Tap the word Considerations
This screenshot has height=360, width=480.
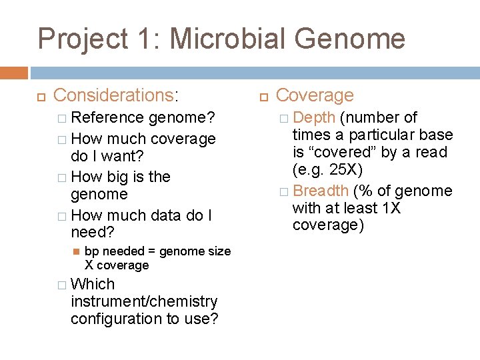[x=113, y=95]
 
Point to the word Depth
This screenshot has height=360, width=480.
[x=314, y=118]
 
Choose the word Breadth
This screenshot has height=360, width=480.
[x=321, y=191]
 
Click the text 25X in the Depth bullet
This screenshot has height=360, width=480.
[x=345, y=169]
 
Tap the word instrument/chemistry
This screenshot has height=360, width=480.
[x=144, y=301]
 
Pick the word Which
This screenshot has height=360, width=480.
[x=93, y=284]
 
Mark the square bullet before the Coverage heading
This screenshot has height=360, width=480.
[x=263, y=96]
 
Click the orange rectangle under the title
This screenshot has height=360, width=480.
[x=14, y=73]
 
